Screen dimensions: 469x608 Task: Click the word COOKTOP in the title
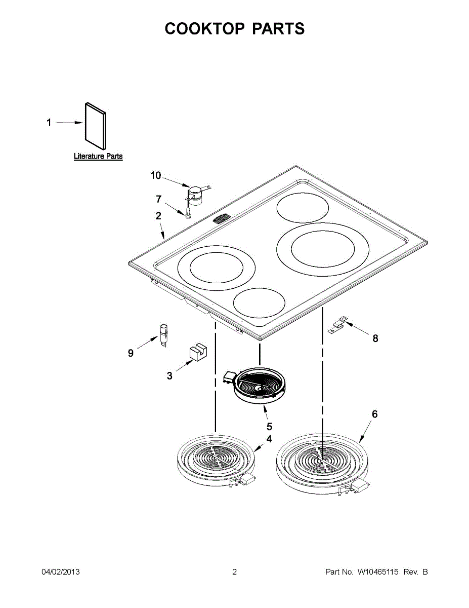click(x=204, y=28)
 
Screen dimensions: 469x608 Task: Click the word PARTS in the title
click(x=278, y=28)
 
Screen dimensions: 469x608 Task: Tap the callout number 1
click(x=49, y=123)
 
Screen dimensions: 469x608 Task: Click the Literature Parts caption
click(x=98, y=156)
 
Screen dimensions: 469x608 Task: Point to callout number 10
click(x=156, y=175)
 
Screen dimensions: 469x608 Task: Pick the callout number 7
click(x=159, y=199)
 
